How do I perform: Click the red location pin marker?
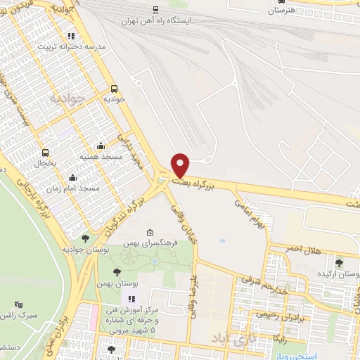point(181,165)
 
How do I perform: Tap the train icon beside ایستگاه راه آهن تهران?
point(155,10)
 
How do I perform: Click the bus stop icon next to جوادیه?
point(114,89)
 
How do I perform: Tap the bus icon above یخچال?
point(46,153)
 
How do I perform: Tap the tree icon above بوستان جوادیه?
point(85,239)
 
